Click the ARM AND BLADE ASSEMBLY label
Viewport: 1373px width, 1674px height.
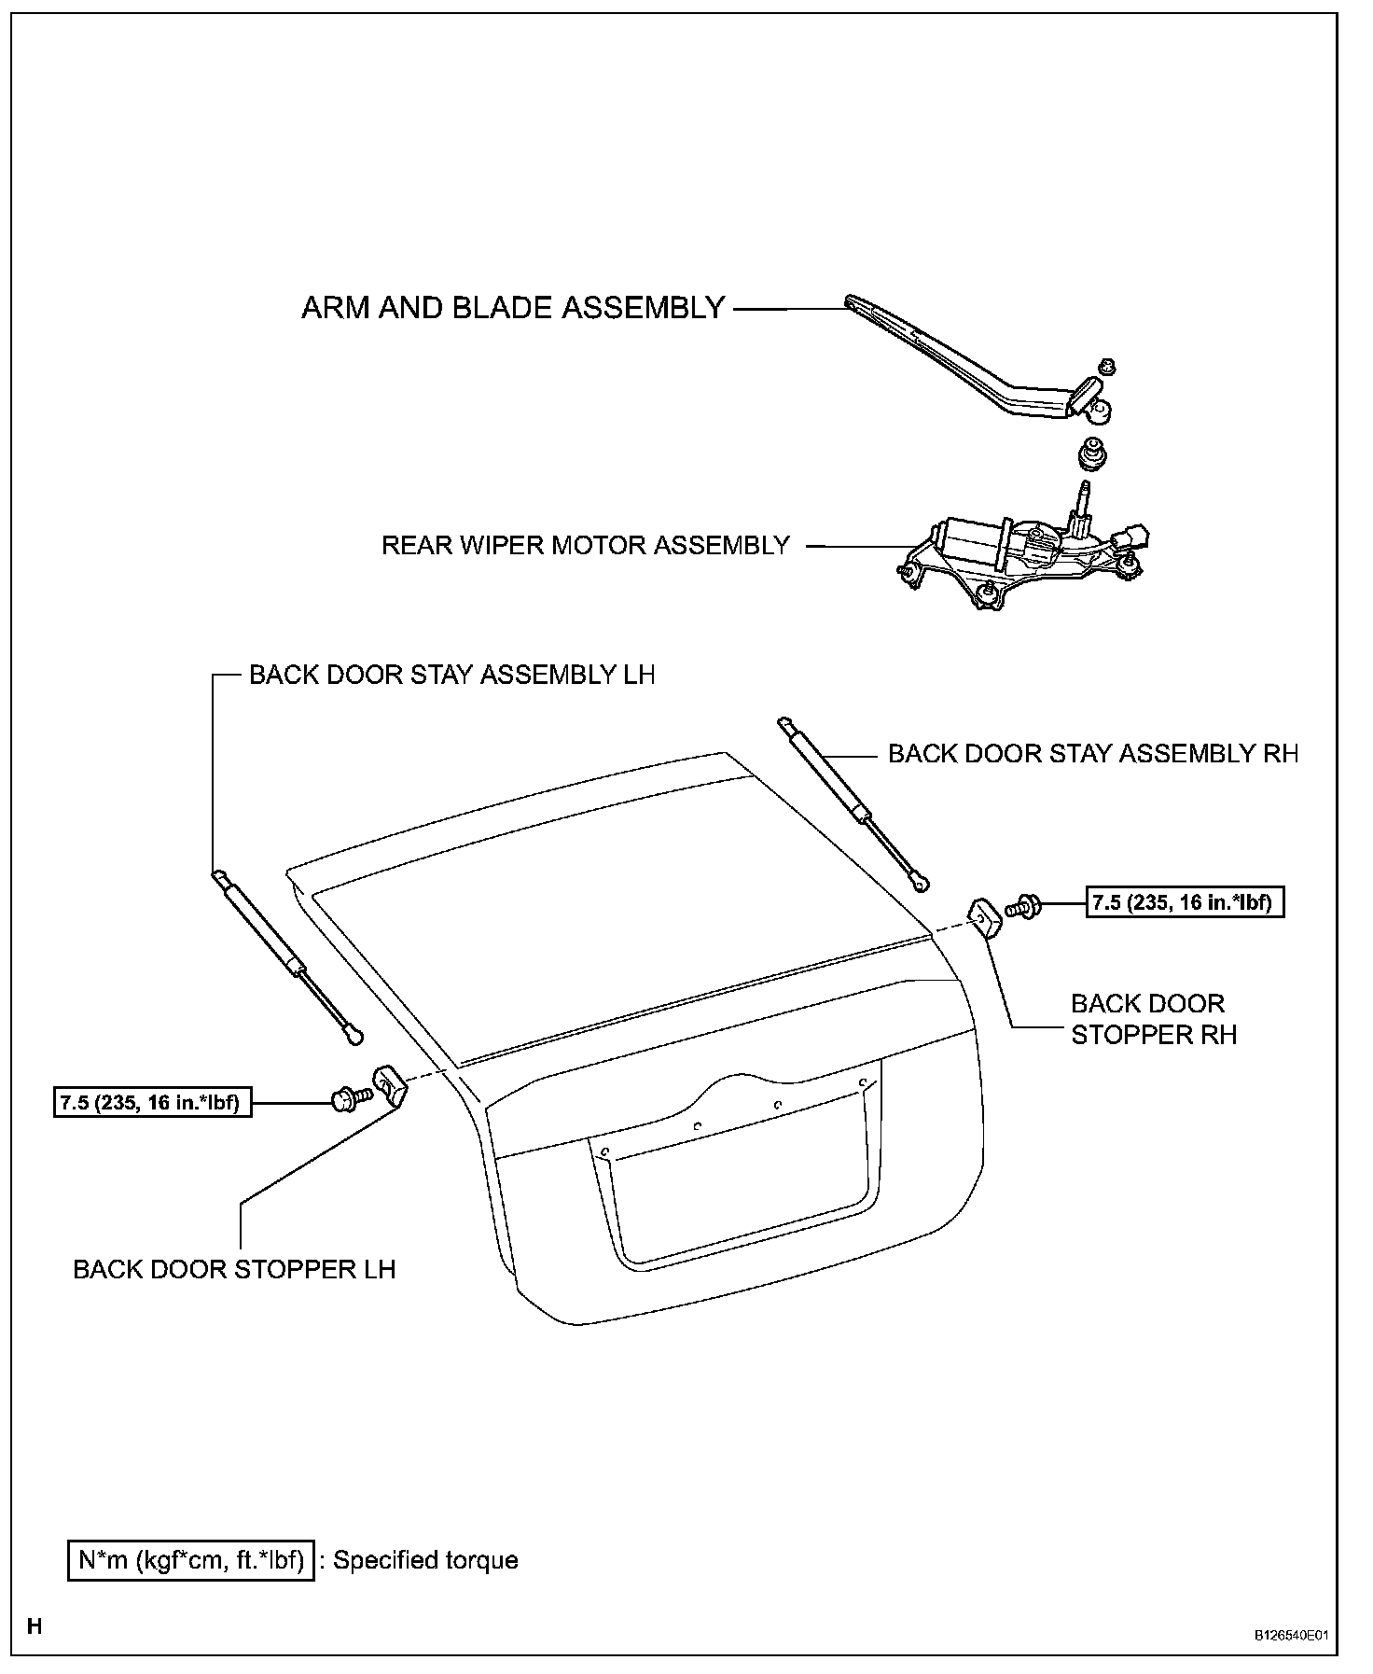pos(513,308)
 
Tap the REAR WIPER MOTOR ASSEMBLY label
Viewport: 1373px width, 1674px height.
pos(586,545)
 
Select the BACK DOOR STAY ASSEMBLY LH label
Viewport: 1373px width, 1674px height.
pos(451,675)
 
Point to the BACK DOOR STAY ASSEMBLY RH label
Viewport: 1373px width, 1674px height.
pos(1093,753)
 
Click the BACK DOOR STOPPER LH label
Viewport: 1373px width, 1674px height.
pos(234,1269)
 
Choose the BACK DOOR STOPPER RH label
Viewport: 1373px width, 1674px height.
pos(1153,1019)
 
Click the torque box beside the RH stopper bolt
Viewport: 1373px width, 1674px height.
pos(1185,902)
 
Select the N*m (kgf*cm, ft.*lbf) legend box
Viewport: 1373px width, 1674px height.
pos(191,1559)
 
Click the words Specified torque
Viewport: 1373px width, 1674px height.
pos(425,1559)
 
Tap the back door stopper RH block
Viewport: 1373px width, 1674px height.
pos(985,915)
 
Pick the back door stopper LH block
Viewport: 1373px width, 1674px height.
pos(391,1085)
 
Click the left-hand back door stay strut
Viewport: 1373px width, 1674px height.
pos(287,956)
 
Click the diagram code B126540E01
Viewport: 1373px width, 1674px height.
pos(1290,1635)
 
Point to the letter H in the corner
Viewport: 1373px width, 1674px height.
pos(35,1626)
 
